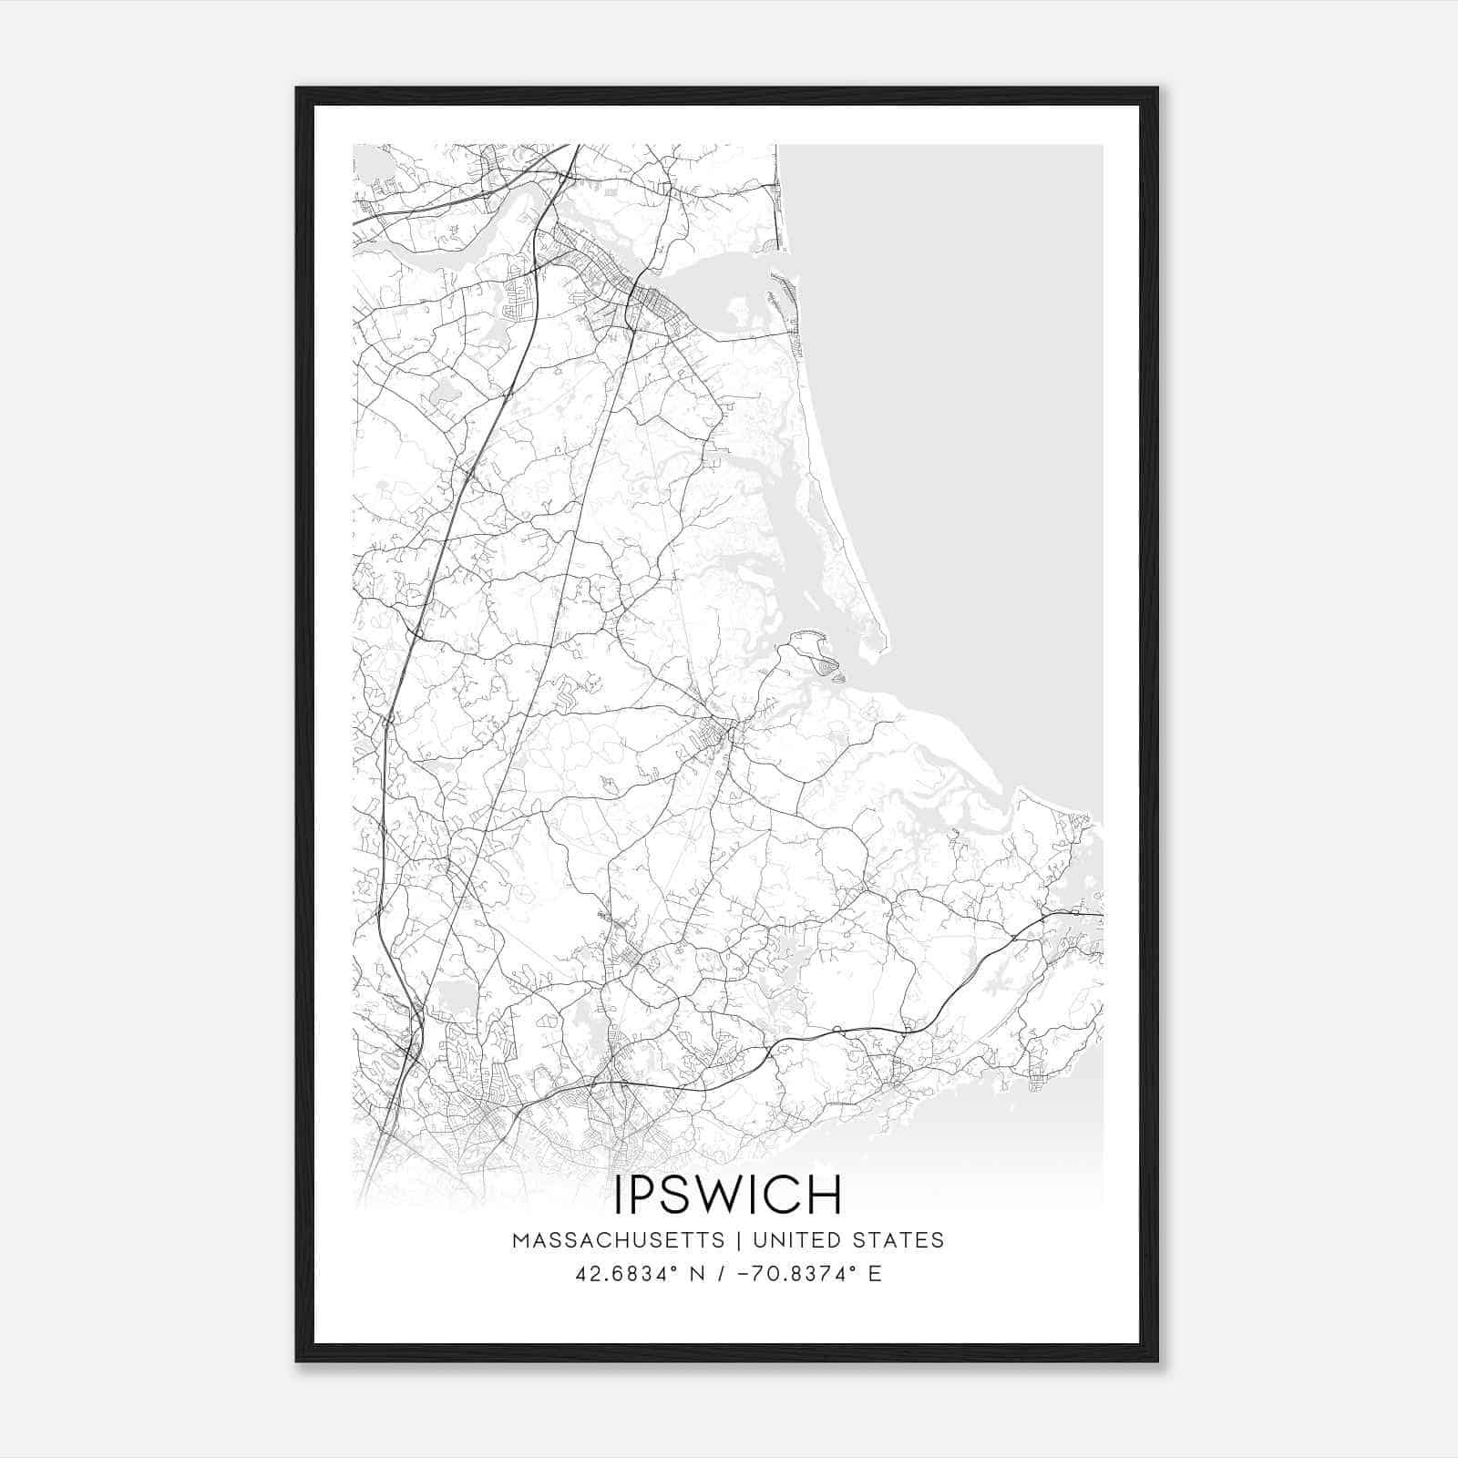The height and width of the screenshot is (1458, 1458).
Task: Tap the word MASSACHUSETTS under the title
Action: click(619, 1240)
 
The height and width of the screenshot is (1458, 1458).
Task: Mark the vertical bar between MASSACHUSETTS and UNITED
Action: click(734, 1240)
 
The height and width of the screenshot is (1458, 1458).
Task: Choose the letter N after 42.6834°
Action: click(698, 1274)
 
